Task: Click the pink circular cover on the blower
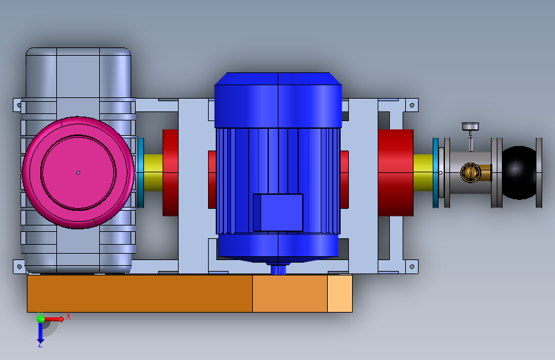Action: pyautogui.click(x=78, y=172)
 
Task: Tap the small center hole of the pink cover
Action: pyautogui.click(x=78, y=173)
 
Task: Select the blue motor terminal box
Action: pyautogui.click(x=278, y=212)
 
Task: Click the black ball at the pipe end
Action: pyautogui.click(x=519, y=172)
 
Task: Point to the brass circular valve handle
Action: pyautogui.click(x=471, y=172)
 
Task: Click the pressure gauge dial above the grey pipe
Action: pyautogui.click(x=471, y=126)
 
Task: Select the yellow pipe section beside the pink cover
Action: pyautogui.click(x=153, y=172)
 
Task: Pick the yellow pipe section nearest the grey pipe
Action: pyautogui.click(x=423, y=172)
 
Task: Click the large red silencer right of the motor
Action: pyautogui.click(x=396, y=172)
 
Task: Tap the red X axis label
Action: pyautogui.click(x=68, y=316)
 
